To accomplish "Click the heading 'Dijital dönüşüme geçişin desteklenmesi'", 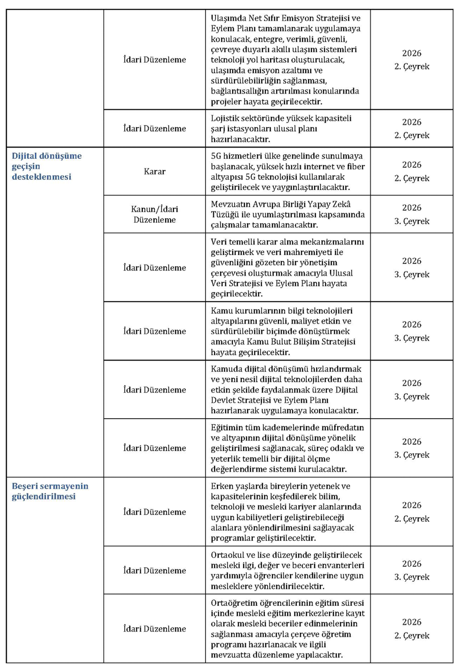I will (x=46, y=166).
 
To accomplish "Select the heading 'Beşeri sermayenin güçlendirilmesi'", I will (x=50, y=491).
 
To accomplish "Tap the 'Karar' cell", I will (x=155, y=172).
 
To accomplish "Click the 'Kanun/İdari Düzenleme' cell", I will (x=155, y=214).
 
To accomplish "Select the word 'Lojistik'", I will (x=224, y=118).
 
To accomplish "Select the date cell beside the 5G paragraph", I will (x=412, y=172).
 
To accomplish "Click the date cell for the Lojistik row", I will (x=412, y=129).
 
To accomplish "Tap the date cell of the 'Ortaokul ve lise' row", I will (x=412, y=570).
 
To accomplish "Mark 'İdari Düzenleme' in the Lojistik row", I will (x=155, y=129).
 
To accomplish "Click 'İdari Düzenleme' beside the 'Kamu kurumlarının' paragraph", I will (x=155, y=331).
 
